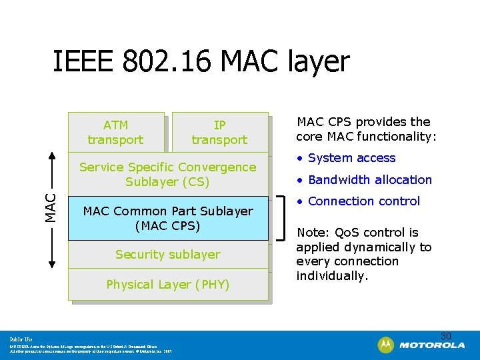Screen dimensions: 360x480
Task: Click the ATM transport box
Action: pos(115,132)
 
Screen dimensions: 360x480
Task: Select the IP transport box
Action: pos(219,132)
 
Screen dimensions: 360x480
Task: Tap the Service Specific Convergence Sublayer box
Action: pos(167,174)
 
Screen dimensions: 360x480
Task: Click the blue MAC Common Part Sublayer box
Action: pos(167,218)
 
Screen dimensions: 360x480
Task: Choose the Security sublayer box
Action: pos(167,254)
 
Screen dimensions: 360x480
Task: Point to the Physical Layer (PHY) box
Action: pos(167,285)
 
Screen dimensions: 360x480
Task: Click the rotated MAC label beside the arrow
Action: pos(51,207)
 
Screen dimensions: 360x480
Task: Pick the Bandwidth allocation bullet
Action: pos(365,179)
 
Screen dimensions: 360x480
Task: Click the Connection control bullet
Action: pos(359,201)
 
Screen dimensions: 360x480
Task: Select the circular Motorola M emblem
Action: pos(386,345)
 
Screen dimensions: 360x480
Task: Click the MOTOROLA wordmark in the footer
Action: pos(433,345)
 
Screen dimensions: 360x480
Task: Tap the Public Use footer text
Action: pos(21,339)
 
